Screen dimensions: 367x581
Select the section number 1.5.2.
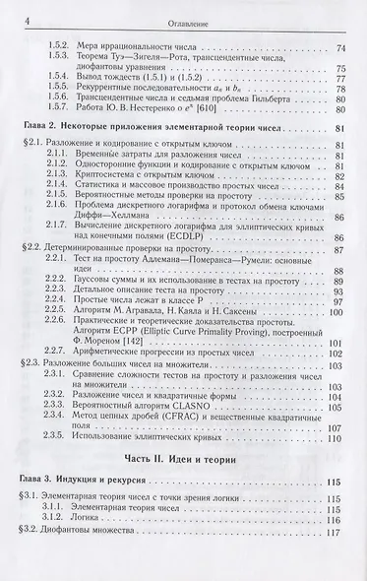(x=60, y=47)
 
